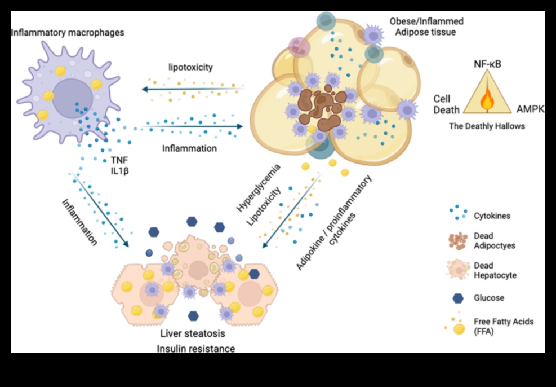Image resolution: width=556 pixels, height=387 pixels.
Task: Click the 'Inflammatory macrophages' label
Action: coord(68,33)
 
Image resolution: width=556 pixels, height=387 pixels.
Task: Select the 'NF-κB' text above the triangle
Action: coord(487,64)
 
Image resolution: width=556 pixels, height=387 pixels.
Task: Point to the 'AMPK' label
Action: coord(531,108)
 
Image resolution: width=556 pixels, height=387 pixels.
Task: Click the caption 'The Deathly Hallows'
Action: coord(487,126)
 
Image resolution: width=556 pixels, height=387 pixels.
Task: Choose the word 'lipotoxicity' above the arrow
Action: coord(190,67)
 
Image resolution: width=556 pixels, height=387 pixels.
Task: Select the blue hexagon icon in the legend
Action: coord(457,298)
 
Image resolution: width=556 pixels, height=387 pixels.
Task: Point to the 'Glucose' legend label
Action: coord(490,298)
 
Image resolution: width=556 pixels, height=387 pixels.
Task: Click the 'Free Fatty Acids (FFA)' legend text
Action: coord(503,326)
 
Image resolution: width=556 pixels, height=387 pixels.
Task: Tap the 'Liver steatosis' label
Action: coord(193,333)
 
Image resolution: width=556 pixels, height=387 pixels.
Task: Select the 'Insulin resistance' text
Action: coord(195,348)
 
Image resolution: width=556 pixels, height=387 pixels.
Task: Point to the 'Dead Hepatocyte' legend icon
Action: coord(457,270)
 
